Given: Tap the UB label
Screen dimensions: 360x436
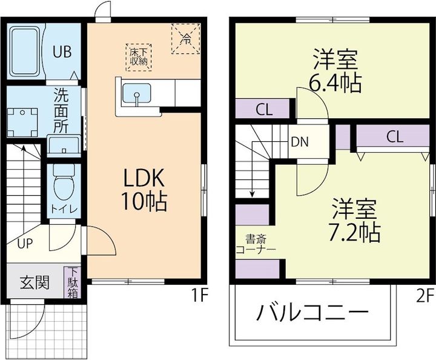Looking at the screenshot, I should (x=61, y=52).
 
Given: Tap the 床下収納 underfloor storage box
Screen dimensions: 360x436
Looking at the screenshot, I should (x=139, y=55).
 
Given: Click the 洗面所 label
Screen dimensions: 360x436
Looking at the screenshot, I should (x=61, y=112).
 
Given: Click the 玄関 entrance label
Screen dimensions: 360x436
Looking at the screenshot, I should (x=34, y=283).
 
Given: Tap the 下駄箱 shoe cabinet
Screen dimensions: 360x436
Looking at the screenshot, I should (x=73, y=282).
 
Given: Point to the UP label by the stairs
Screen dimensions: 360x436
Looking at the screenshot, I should (x=25, y=244).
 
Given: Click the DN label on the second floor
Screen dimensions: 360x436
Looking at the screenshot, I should (x=299, y=143).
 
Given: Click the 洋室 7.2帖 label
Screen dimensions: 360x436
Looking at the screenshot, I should (x=355, y=219).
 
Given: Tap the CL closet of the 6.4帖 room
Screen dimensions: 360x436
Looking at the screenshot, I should (x=263, y=110).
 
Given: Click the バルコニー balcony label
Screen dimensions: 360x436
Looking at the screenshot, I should (x=312, y=313).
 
